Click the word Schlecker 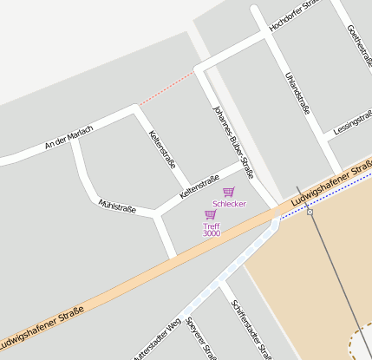(229, 204)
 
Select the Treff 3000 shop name (212, 230)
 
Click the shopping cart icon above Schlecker (229, 192)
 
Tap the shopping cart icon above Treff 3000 (210, 214)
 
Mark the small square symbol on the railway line (310, 212)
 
